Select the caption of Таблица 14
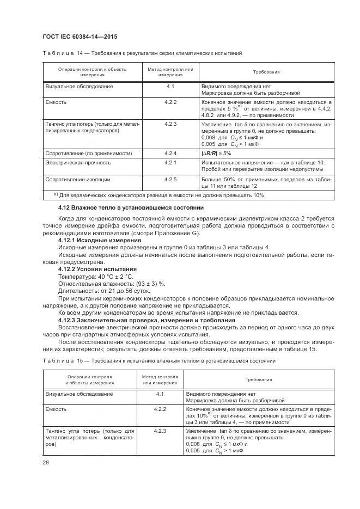click(142, 53)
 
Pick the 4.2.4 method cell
click(170, 154)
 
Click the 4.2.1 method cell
click(170, 162)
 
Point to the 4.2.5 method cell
click(170, 179)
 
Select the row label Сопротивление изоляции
click(77, 179)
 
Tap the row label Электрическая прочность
click(78, 162)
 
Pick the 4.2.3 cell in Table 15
click(160, 431)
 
